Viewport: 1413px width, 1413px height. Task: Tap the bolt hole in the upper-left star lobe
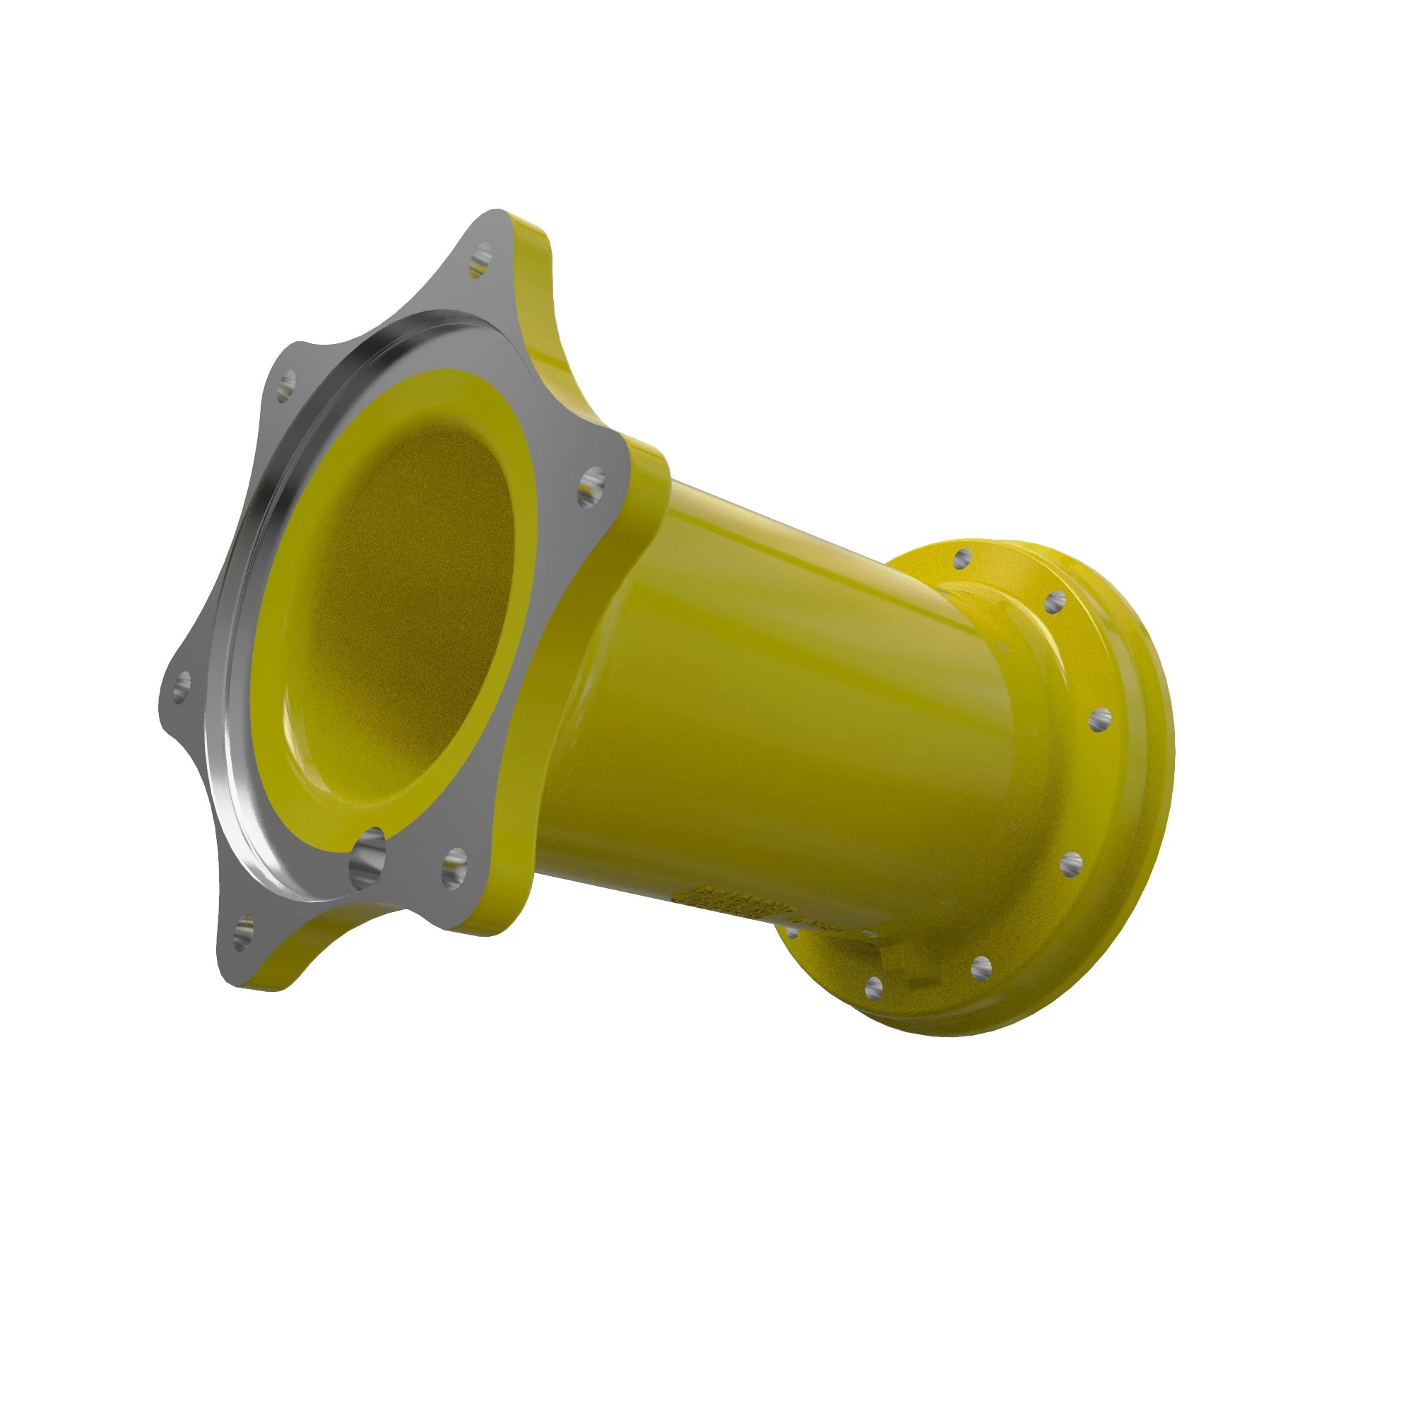pyautogui.click(x=287, y=385)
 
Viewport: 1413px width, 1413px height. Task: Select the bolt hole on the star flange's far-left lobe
pyautogui.click(x=182, y=687)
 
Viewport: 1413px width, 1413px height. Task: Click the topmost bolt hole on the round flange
pyautogui.click(x=963, y=558)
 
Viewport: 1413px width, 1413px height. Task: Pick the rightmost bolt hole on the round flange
pyautogui.click(x=1099, y=721)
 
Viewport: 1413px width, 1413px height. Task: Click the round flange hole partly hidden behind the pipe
pyautogui.click(x=792, y=931)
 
